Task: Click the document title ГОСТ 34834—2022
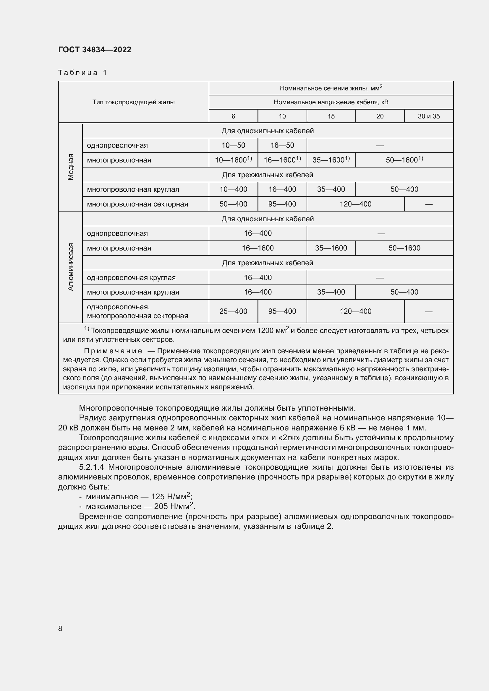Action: (x=95, y=50)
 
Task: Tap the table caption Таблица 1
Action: (x=82, y=73)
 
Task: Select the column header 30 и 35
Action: (x=428, y=116)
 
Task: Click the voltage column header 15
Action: (x=331, y=116)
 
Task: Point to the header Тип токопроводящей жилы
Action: (x=133, y=102)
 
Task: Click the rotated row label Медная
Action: (x=70, y=167)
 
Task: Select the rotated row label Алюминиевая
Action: (x=70, y=267)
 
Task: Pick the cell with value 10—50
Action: (x=233, y=145)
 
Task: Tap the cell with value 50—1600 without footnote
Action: (x=404, y=248)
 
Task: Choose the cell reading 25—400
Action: (x=233, y=311)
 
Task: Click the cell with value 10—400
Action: (x=233, y=189)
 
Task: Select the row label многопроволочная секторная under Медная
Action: (x=137, y=204)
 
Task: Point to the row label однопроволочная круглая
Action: (x=131, y=277)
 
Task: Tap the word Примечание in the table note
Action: (x=113, y=351)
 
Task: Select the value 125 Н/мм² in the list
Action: (x=170, y=497)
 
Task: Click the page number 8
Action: (x=60, y=628)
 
